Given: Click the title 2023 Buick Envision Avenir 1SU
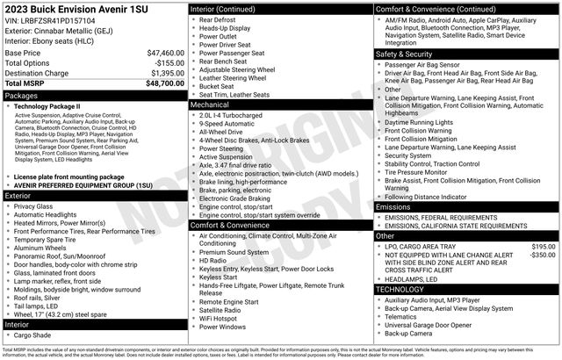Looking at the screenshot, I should coord(64,8).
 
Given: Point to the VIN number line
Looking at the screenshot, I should coord(52,19).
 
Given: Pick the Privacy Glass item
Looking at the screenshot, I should coord(38,207).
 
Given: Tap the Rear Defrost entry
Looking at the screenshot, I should coord(220,18).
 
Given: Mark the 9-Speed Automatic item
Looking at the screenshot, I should coord(231,124).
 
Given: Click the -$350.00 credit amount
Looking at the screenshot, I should coord(542,256).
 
